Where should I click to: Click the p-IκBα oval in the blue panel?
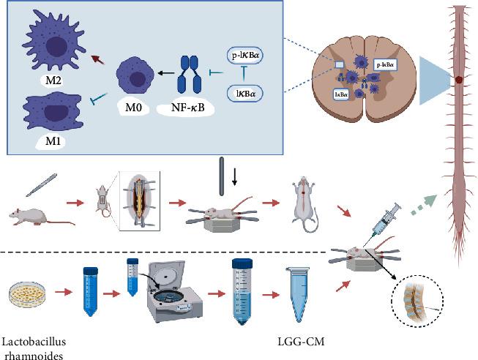tap(250, 55)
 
